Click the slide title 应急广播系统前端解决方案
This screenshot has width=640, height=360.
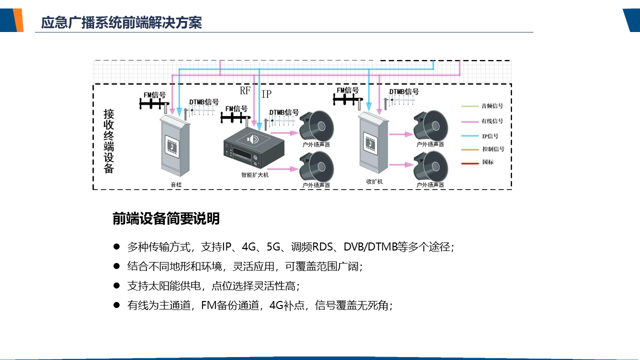coord(121,22)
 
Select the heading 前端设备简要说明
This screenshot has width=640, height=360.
coord(166,219)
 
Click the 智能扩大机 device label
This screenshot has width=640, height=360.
coord(254,175)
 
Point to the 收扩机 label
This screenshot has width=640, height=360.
coord(374,181)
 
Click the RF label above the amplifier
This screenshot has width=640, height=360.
coord(245,90)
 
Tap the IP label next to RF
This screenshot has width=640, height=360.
coord(267,93)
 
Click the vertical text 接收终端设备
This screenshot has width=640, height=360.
coord(109,141)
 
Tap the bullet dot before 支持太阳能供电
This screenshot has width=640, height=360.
coord(116,285)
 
